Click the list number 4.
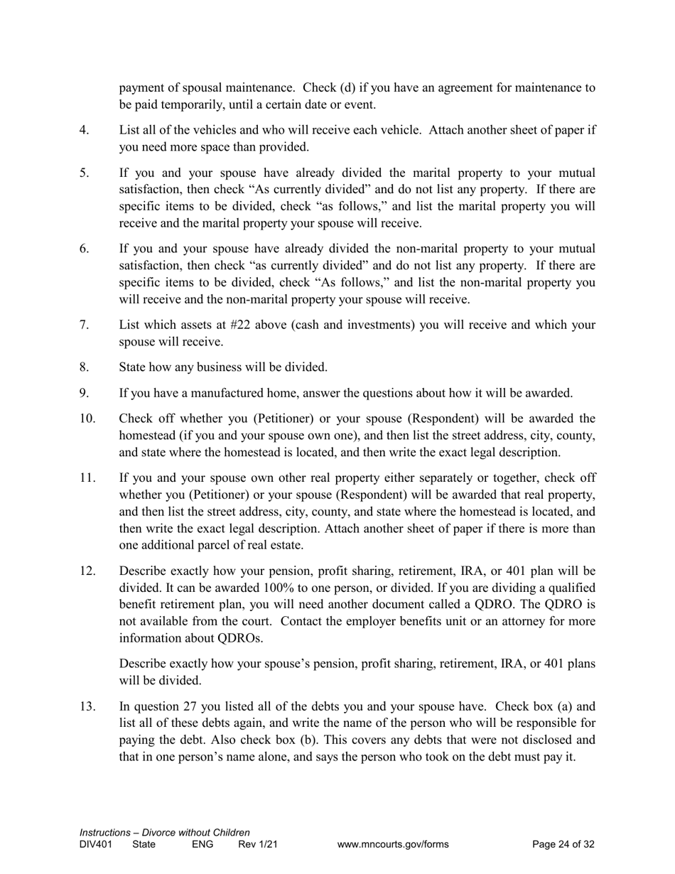click(84, 131)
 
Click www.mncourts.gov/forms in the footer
click(393, 845)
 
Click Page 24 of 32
click(563, 845)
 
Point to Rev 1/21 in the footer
click(257, 845)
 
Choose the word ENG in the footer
click(202, 845)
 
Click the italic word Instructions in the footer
click(104, 833)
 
